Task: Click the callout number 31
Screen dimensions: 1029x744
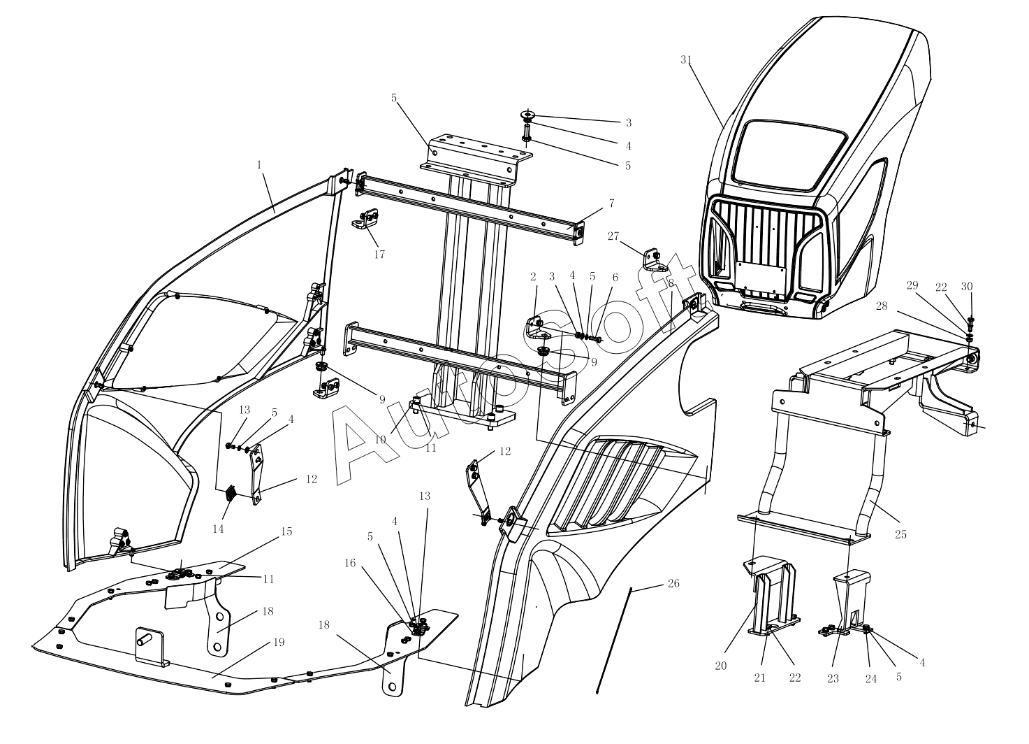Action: [686, 59]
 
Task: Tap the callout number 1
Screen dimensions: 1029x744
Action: [259, 164]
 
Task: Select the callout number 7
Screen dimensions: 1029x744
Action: [611, 203]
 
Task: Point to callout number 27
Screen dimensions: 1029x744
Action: [613, 236]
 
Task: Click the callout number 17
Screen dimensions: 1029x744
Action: [379, 255]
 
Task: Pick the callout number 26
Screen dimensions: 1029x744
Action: [673, 583]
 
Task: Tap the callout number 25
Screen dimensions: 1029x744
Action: [901, 534]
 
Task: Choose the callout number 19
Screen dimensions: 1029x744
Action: [279, 642]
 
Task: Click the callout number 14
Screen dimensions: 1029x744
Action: [218, 529]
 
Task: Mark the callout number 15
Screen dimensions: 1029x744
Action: [286, 531]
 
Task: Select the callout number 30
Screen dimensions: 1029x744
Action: [967, 287]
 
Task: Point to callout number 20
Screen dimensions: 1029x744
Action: [721, 666]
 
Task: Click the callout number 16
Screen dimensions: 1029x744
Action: [350, 564]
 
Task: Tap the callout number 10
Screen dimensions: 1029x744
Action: [380, 440]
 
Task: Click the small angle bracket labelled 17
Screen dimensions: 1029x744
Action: [365, 219]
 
